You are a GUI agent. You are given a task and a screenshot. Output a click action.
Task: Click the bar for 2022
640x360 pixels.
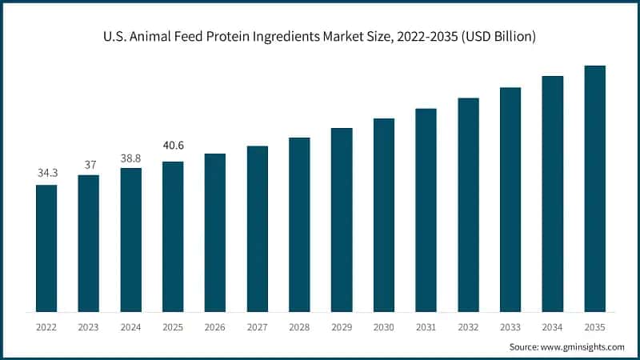point(46,248)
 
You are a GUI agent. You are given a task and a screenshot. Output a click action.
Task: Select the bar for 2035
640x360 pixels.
point(594,188)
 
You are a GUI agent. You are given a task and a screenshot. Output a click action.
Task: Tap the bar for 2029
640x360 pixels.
point(342,219)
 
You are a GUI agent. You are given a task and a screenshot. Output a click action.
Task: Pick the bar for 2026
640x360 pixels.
point(215,232)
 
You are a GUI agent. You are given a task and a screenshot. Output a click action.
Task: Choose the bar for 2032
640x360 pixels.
point(468,205)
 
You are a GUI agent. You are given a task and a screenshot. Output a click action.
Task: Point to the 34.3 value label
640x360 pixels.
point(46,173)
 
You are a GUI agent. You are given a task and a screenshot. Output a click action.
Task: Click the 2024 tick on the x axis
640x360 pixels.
point(131,326)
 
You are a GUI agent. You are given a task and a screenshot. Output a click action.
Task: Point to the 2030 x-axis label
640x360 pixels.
point(384,326)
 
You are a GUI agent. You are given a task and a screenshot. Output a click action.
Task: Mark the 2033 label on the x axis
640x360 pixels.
point(510,326)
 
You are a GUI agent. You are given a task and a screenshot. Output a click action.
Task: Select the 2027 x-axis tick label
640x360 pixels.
point(258,326)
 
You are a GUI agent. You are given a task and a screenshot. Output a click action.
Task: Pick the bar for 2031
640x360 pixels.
point(426,210)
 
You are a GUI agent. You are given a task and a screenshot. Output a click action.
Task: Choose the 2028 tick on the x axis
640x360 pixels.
point(299,326)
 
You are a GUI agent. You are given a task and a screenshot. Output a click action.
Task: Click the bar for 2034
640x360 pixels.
point(553,194)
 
